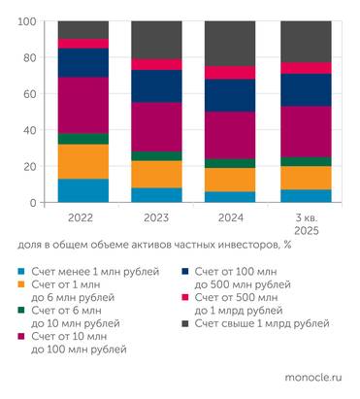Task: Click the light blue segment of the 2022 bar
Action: (x=82, y=190)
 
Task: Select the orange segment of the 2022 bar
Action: (x=82, y=161)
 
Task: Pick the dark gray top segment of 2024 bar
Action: (x=230, y=43)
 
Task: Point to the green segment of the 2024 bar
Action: (x=230, y=163)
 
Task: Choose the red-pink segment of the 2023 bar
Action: (x=156, y=64)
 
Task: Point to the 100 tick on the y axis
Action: (x=27, y=21)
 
